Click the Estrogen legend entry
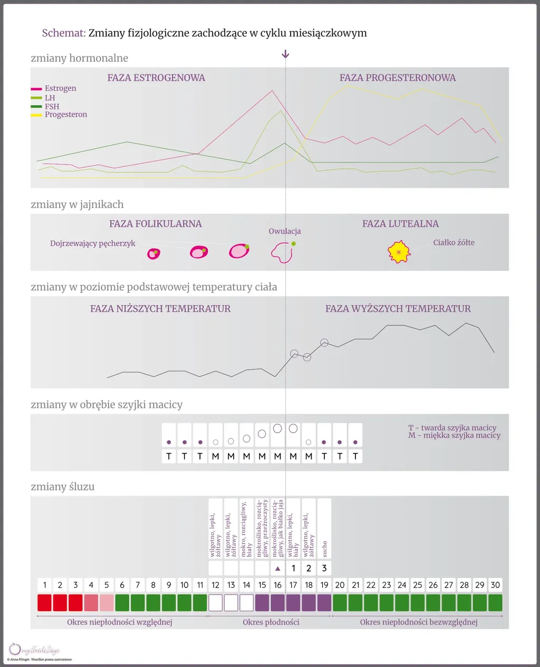60,88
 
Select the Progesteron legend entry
65,115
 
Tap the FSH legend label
52,107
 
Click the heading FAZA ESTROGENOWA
156,78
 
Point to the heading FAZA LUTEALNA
400,224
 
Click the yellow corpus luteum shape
399,252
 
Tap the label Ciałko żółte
454,243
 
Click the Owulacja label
284,231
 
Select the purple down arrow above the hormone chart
285,54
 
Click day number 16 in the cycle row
277,585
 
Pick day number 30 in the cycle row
495,585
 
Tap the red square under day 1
44,603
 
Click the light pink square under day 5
107,603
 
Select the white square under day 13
231,603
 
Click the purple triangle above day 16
278,568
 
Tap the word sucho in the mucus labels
324,549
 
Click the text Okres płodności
271,622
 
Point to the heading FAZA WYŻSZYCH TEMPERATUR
398,309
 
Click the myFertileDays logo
34,650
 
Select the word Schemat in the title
63,33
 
